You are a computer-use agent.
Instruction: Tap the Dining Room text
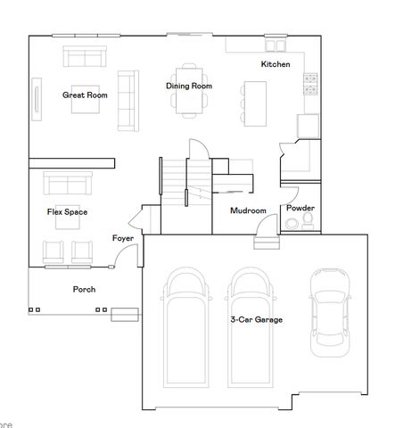point(188,86)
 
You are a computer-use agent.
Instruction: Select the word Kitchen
point(275,64)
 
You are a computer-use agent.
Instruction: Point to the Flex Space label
point(67,211)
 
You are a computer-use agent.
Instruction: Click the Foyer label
point(122,238)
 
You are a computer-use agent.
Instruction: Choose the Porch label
point(84,289)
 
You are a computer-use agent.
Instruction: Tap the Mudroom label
point(248,211)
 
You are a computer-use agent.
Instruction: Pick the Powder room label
point(300,208)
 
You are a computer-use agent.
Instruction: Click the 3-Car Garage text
point(257,318)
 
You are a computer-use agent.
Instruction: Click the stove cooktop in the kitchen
point(311,85)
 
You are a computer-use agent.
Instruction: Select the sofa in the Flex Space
point(69,185)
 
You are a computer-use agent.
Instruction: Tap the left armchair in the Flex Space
point(55,251)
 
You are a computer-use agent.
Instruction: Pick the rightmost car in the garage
point(328,309)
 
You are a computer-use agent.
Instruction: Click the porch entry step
point(125,313)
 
